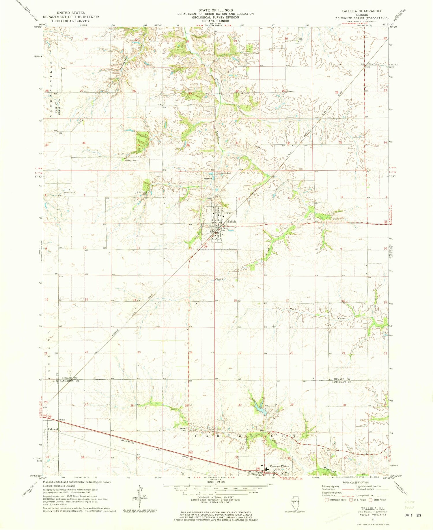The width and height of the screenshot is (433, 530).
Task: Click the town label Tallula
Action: tap(232, 221)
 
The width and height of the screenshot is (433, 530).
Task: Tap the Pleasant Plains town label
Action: tap(279, 466)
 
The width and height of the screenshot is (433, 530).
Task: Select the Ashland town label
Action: tap(53, 429)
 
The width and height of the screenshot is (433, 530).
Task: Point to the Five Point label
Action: tap(374, 64)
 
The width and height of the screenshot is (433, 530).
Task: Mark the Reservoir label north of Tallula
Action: tap(208, 178)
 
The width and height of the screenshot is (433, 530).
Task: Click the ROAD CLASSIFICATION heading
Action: tap(354, 482)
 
